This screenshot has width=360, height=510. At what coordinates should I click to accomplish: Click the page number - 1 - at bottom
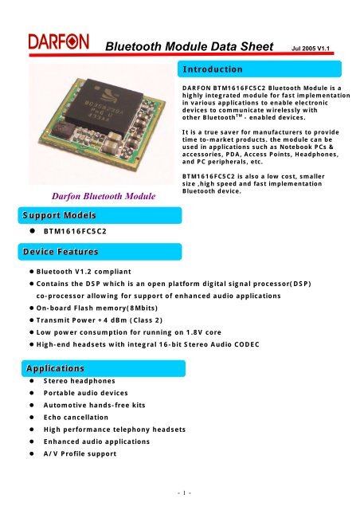tap(180, 493)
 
